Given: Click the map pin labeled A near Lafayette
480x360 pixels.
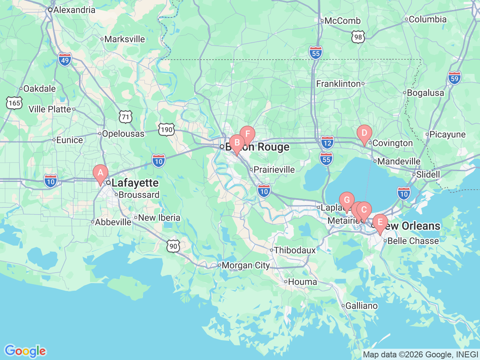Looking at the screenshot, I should pos(100,173).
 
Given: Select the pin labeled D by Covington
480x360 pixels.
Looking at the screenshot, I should pos(364,133).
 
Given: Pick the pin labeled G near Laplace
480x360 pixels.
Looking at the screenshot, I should pos(346,201).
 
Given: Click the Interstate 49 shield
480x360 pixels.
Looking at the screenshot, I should pos(65,60).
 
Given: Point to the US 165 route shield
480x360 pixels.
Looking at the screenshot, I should pos(14,103).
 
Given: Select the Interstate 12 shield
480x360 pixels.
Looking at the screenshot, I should pos(327,142).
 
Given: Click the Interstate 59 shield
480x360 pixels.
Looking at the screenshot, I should pos(454,78).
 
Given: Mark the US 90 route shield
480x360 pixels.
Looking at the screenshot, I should pos(173,246).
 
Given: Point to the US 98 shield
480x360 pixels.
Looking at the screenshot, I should pos(358,37).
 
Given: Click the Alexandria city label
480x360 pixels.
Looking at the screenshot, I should pos(74,10).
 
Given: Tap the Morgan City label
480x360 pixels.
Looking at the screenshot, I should pos(245,265).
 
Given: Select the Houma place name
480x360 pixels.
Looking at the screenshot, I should pos(302,282).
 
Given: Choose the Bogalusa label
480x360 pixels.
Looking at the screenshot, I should pos(425,93).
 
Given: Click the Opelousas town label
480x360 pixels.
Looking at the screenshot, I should pos(123,133).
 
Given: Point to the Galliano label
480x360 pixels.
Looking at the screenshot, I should pos(361,306).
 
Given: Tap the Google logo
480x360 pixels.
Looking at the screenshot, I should pos(25,351).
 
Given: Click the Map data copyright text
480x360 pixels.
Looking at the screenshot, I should pos(420,354).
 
